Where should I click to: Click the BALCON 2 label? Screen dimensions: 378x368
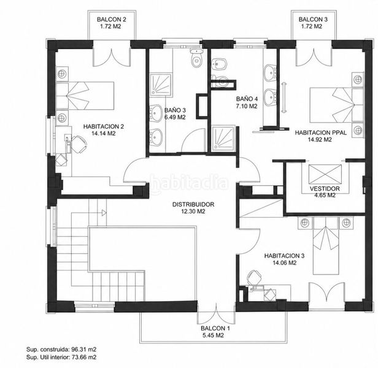[x=112, y=19]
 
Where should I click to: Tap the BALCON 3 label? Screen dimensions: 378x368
[x=313, y=19]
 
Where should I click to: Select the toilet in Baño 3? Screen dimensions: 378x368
[x=197, y=58]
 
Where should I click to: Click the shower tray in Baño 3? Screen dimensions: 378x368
[x=161, y=84]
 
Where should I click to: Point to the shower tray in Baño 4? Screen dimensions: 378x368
[x=223, y=139]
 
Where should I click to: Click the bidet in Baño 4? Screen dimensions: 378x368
[x=219, y=64]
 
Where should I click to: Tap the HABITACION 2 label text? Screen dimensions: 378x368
[x=104, y=126]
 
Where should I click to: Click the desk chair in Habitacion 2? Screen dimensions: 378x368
[x=79, y=144]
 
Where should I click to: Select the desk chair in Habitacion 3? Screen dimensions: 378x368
[x=254, y=277]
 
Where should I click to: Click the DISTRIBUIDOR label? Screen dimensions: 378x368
[x=193, y=204]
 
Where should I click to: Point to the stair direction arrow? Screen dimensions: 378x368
[x=104, y=213]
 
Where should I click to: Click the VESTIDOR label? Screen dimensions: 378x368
[x=325, y=188]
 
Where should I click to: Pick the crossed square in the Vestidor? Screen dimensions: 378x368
[x=325, y=174]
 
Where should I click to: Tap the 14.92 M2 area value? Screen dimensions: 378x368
[x=320, y=140]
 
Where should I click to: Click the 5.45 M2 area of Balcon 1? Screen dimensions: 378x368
[x=212, y=335]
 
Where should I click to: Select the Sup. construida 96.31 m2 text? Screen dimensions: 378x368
[x=61, y=350]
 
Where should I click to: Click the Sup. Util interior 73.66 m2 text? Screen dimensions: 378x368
[x=61, y=357]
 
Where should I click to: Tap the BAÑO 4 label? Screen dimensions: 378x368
[x=247, y=99]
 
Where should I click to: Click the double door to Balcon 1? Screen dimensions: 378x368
[x=216, y=314]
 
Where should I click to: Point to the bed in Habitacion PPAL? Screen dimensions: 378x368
[x=336, y=105]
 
